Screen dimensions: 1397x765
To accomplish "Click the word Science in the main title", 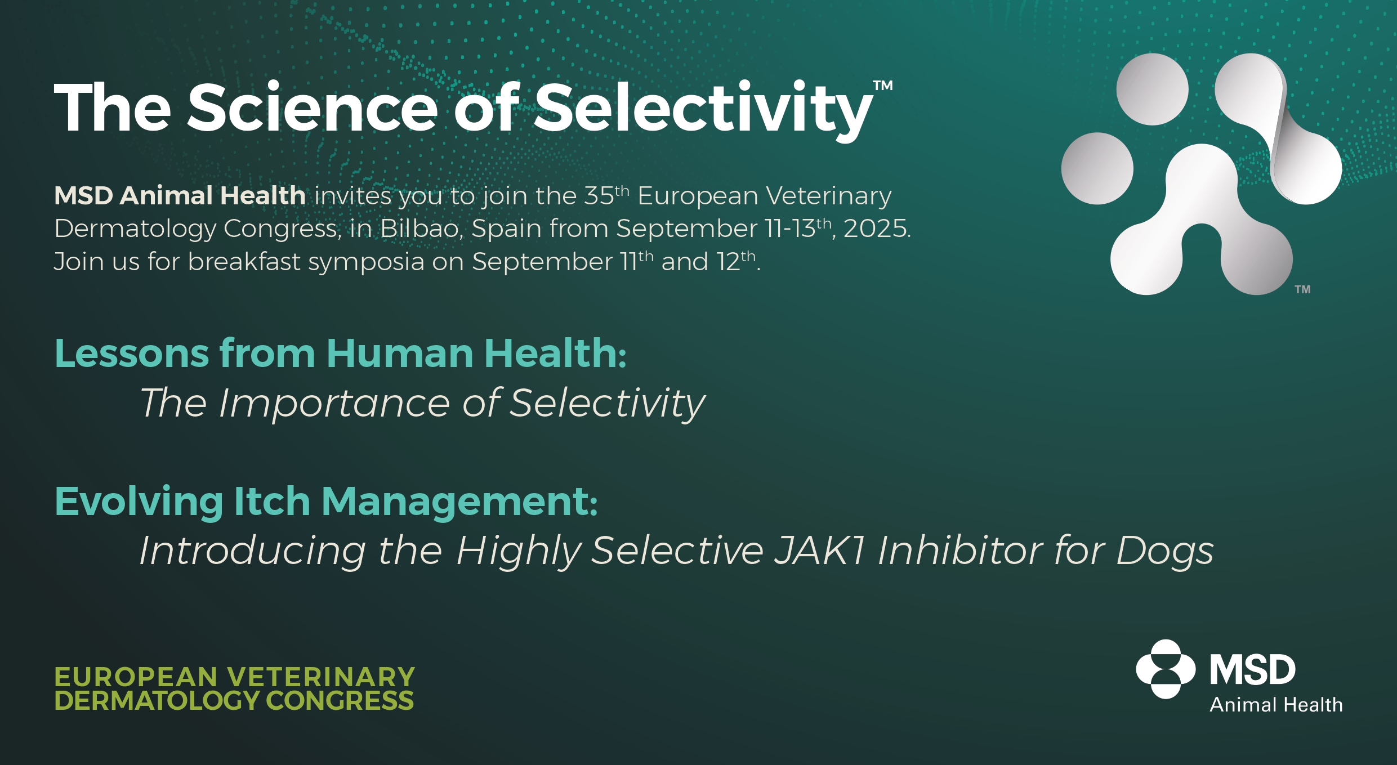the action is (x=313, y=107).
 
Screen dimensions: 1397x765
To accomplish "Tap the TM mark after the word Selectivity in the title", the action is (x=883, y=86).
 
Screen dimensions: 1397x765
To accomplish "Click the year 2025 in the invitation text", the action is (x=875, y=229).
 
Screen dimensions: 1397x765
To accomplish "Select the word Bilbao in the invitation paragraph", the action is (x=421, y=229).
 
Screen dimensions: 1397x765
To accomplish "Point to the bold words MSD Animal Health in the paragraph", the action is (x=180, y=196).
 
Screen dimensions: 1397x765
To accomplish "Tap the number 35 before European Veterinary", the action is (x=599, y=196).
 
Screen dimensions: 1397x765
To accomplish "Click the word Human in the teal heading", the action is (x=400, y=354).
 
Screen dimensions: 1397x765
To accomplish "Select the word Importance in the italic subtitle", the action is (x=334, y=404).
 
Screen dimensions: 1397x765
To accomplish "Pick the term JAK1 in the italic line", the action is (x=819, y=550).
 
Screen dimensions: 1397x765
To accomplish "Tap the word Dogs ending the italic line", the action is (x=1164, y=551).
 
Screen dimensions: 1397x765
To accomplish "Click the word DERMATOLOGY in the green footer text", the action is (x=156, y=701).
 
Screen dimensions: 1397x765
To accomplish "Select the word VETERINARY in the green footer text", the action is (x=321, y=677).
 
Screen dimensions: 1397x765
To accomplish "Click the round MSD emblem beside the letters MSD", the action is (x=1166, y=669).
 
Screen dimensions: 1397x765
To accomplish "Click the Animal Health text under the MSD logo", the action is (x=1276, y=705).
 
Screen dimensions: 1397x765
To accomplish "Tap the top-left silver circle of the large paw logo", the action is (x=1152, y=89).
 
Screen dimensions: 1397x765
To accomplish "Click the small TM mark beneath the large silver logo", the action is (x=1302, y=289).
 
